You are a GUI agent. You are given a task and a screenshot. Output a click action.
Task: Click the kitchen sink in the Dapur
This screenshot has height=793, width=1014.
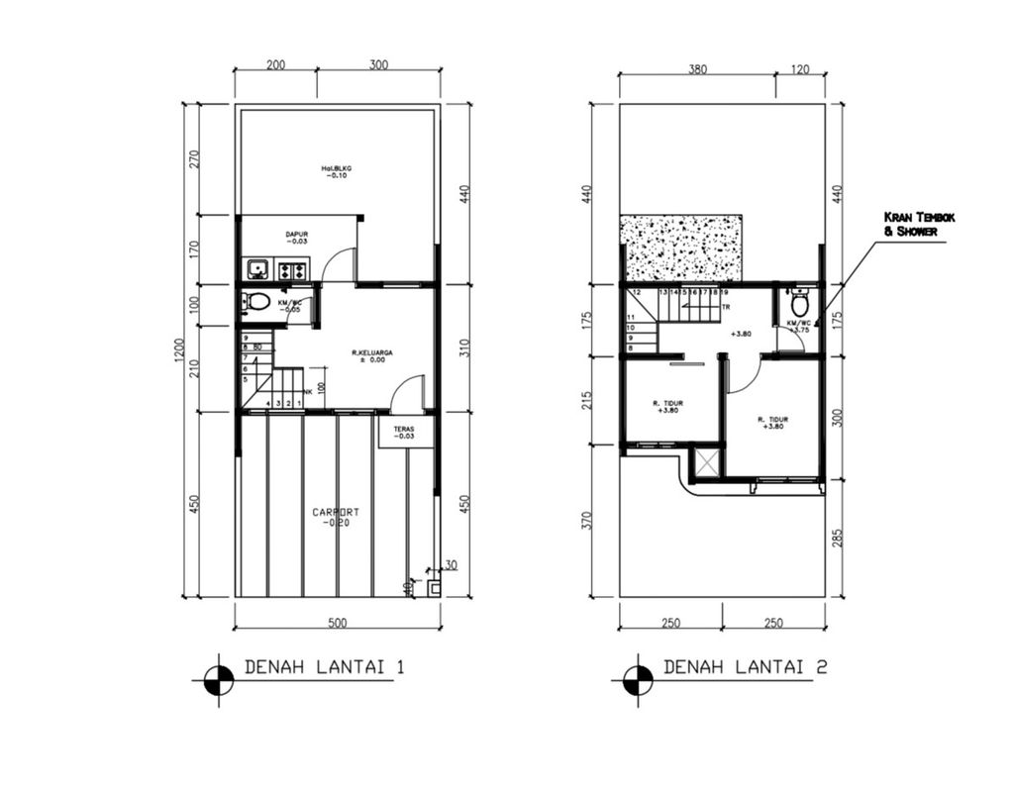click(x=257, y=268)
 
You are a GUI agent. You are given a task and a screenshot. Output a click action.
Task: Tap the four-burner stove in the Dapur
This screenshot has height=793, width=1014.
click(x=293, y=268)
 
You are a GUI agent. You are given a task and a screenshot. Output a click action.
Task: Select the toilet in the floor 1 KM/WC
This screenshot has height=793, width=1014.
click(x=258, y=302)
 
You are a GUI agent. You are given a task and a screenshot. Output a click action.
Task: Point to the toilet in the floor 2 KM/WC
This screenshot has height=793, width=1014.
click(x=800, y=304)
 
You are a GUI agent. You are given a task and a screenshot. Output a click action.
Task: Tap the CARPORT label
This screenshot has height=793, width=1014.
click(x=336, y=516)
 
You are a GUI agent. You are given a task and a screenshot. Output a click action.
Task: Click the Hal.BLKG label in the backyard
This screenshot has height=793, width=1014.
click(x=337, y=172)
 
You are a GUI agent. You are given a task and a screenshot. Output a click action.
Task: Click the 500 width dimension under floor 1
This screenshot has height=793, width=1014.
click(x=337, y=623)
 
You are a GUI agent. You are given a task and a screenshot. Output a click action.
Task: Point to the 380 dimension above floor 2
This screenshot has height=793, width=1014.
click(x=697, y=69)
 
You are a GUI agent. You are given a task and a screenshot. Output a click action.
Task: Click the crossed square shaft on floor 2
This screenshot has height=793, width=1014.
click(x=709, y=463)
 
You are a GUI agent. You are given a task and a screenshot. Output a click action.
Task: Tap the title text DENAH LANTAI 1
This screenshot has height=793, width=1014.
click(x=324, y=668)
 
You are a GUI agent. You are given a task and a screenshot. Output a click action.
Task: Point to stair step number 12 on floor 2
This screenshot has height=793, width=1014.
click(x=637, y=293)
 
